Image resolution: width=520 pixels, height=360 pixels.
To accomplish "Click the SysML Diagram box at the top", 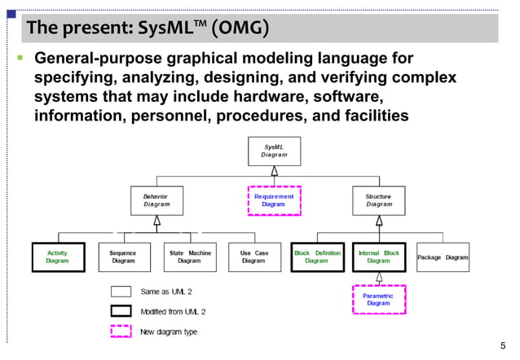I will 274,151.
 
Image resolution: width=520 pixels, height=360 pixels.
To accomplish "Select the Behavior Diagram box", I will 156,200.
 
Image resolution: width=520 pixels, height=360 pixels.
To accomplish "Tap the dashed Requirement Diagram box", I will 274,200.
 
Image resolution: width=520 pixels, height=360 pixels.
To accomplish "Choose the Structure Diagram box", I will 378,200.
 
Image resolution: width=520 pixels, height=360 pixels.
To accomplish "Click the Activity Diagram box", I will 57,257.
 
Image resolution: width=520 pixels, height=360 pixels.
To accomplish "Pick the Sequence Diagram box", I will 123,257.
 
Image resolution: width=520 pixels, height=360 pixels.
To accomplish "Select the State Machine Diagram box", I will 189,257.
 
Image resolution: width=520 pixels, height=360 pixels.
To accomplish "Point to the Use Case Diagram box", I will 254,257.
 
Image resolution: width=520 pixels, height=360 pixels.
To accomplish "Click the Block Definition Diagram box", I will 316,257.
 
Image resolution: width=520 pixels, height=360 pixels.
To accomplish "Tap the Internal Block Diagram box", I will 378,257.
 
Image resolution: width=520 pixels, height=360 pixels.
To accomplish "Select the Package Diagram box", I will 443,257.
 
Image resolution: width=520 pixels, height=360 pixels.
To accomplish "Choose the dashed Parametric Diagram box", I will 378,300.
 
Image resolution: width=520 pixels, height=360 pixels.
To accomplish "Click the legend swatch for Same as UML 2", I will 121,292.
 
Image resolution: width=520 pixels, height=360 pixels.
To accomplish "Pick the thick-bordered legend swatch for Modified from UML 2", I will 121,311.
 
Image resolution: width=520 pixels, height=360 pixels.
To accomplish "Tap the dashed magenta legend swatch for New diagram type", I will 121,331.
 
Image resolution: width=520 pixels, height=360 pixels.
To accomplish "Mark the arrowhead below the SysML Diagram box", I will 274,170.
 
